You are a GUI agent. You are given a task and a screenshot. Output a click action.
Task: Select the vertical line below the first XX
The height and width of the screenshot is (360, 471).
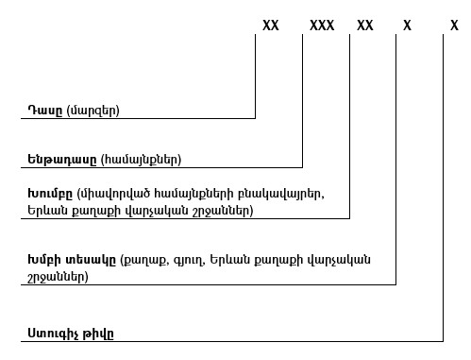(x=256, y=76)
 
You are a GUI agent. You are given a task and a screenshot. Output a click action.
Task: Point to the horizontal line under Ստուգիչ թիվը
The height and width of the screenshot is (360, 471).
(x=236, y=341)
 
